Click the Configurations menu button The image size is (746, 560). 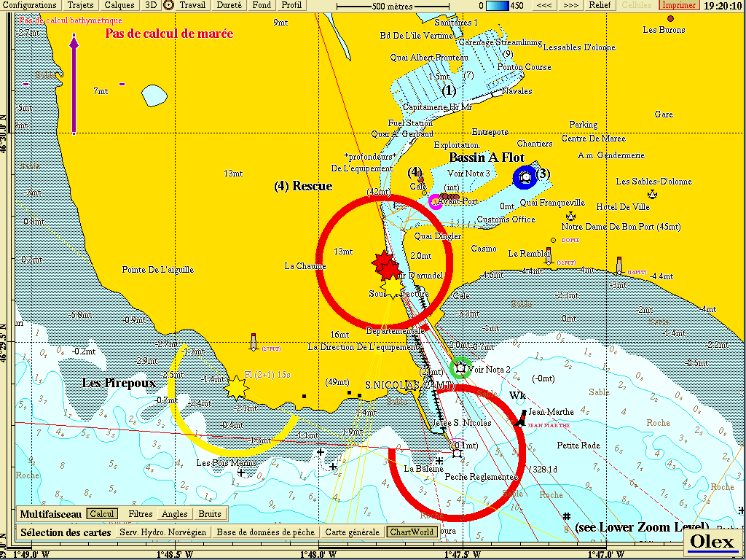pyautogui.click(x=30, y=5)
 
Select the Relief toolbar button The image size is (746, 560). pyautogui.click(x=600, y=5)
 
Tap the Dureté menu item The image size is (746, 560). pyautogui.click(x=229, y=5)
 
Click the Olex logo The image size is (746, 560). pyautogui.click(x=711, y=541)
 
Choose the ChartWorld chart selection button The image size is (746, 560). pyautogui.click(x=412, y=532)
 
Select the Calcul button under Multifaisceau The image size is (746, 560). pyautogui.click(x=102, y=514)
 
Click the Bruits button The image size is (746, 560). pyautogui.click(x=210, y=514)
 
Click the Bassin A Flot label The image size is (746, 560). pyautogui.click(x=486, y=157)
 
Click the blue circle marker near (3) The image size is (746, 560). pyautogui.click(x=525, y=176)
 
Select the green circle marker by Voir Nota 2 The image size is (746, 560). pyautogui.click(x=460, y=368)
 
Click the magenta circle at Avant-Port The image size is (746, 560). pyautogui.click(x=436, y=203)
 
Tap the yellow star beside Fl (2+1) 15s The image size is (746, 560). pyautogui.click(x=237, y=387)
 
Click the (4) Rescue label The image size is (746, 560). pyautogui.click(x=303, y=186)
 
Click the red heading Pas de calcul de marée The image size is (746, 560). pyautogui.click(x=169, y=34)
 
